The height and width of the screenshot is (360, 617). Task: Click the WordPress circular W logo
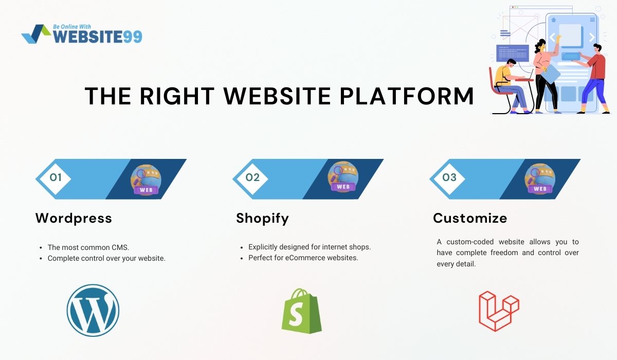(93, 311)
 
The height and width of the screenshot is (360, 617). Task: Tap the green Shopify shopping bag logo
(302, 311)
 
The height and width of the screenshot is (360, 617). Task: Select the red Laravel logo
(499, 311)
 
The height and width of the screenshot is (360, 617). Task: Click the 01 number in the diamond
(56, 177)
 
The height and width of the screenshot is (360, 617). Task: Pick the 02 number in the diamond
(252, 177)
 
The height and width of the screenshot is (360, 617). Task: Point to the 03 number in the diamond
(449, 177)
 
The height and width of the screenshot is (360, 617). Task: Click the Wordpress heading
(74, 218)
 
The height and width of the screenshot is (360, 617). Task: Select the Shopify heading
(263, 219)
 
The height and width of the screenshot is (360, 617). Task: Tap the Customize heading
(470, 218)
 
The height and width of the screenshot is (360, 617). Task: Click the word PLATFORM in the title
(407, 96)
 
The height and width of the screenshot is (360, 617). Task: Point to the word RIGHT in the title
(177, 96)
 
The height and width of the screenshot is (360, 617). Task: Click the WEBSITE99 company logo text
(98, 37)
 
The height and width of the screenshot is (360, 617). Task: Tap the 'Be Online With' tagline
(72, 27)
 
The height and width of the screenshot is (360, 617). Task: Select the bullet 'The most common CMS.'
(88, 247)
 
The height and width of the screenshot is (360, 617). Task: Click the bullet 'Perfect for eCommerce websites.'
(303, 258)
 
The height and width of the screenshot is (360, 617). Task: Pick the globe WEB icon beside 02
(343, 176)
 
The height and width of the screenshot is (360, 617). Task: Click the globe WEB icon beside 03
(540, 179)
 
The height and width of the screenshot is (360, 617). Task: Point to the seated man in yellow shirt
(510, 86)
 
